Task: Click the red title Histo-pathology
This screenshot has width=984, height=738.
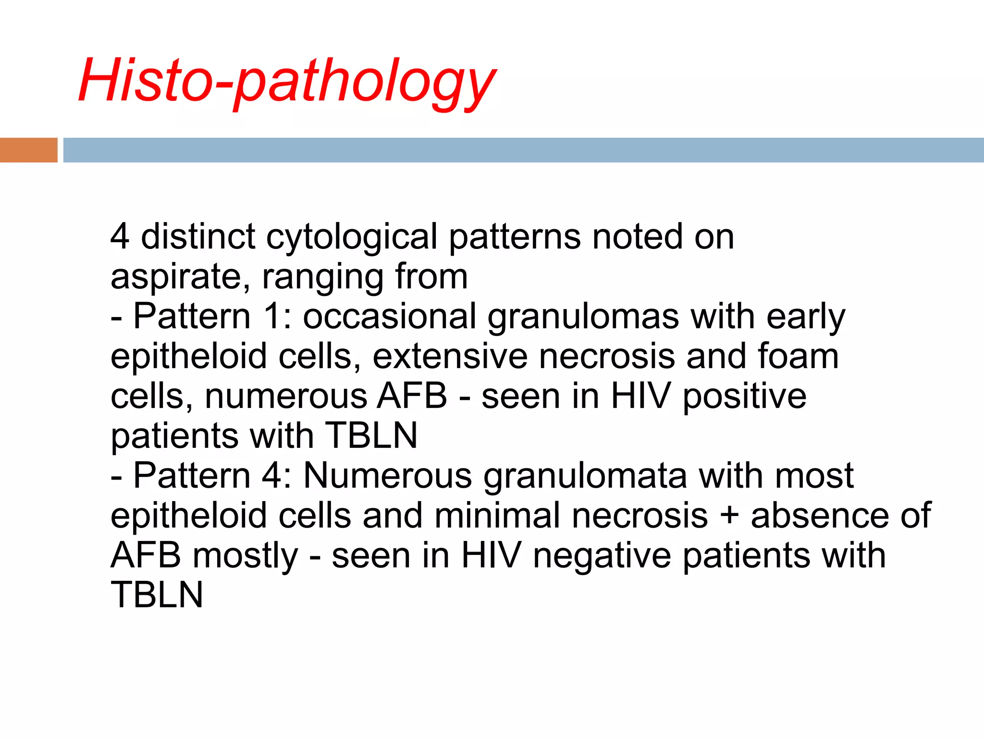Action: pyautogui.click(x=287, y=81)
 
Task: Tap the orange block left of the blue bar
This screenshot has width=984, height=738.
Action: pyautogui.click(x=28, y=150)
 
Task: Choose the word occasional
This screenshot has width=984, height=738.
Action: pyautogui.click(x=390, y=317)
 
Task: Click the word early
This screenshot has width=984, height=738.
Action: pyautogui.click(x=806, y=317)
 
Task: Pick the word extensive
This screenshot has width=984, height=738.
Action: pyautogui.click(x=450, y=357)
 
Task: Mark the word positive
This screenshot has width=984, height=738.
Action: pyautogui.click(x=744, y=397)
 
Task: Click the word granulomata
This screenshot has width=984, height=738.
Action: pyautogui.click(x=585, y=476)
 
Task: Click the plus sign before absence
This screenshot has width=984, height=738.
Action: pyautogui.click(x=729, y=516)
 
